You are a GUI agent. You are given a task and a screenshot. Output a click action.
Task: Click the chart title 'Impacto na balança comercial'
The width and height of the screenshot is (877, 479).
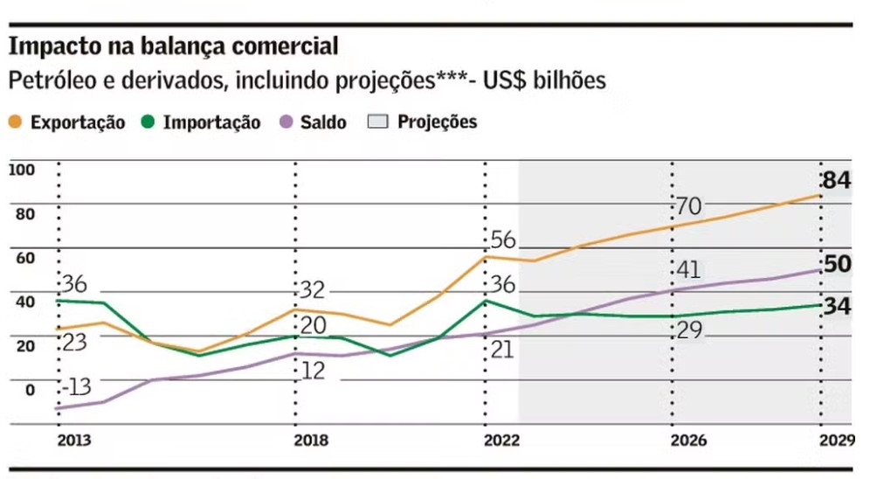click(173, 46)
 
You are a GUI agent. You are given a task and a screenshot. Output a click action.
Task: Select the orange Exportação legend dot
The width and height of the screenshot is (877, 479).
click(16, 123)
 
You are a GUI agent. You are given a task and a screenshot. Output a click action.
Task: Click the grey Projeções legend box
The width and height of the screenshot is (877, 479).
click(376, 122)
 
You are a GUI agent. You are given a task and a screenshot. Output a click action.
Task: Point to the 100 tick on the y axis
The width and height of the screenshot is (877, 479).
click(21, 170)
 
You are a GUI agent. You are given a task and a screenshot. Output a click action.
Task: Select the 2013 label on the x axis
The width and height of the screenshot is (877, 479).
click(73, 440)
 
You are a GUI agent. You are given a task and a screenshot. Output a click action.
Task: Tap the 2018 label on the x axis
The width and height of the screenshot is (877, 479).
click(312, 440)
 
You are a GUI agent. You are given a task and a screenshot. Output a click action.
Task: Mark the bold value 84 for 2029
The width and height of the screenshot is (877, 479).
click(836, 181)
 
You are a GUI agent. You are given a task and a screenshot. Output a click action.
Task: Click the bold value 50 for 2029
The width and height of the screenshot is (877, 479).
click(838, 264)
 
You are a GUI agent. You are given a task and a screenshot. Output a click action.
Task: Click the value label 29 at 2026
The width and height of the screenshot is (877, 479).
click(689, 331)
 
